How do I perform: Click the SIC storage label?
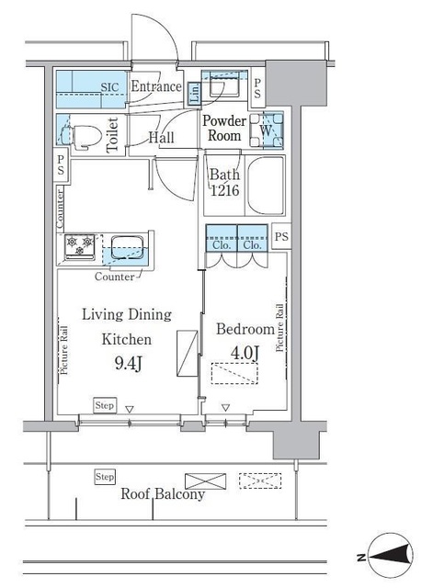click(109, 87)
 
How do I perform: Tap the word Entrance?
click(156, 87)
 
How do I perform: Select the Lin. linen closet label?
click(195, 92)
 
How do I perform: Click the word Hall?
click(163, 139)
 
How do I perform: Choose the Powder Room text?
click(223, 129)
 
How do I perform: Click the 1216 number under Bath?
click(224, 192)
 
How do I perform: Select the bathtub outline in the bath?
click(264, 187)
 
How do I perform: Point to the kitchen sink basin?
click(125, 248)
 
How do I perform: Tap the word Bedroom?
click(245, 329)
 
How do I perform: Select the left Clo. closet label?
click(222, 245)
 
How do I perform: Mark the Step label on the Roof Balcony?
click(105, 477)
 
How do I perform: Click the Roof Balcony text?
click(163, 494)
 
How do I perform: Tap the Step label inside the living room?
click(105, 404)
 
